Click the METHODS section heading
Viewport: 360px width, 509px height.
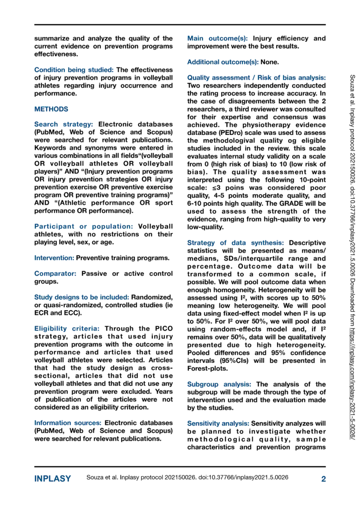51,109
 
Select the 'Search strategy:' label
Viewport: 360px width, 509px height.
63,124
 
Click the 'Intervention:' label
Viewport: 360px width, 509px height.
54,257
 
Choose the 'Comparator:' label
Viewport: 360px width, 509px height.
55,273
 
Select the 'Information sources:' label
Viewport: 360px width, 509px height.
68,422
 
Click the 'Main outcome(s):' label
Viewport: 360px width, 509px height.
218,38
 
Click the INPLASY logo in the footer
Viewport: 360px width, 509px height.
52,479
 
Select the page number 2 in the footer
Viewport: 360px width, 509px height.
323,479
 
